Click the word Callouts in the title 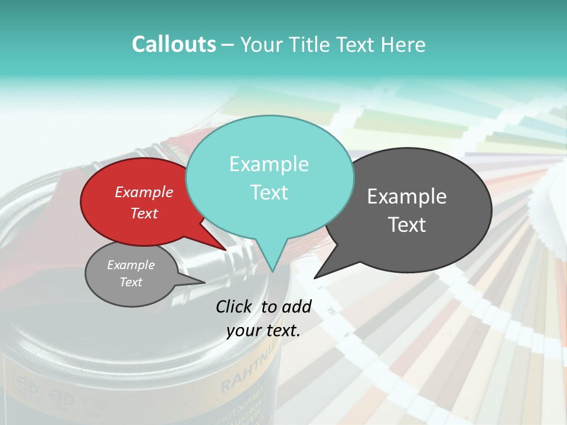(x=174, y=44)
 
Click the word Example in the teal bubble (x=269, y=164)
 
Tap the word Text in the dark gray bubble (x=408, y=225)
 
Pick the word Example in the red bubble (x=144, y=192)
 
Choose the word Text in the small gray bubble (x=131, y=282)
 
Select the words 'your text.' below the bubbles (x=263, y=331)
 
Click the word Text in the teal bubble (x=269, y=192)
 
